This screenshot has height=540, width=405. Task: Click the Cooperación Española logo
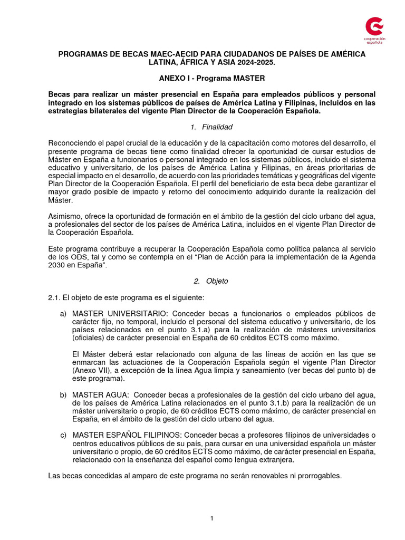375,30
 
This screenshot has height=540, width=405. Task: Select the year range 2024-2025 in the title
255,62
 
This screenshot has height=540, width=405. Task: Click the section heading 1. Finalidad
211,127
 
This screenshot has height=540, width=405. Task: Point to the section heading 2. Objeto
211,281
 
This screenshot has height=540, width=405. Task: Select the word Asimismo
64,217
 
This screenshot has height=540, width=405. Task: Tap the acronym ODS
72,257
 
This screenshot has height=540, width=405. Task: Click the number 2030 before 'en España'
56,265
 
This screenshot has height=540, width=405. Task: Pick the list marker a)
63,314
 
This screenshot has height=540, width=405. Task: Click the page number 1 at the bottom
211,518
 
